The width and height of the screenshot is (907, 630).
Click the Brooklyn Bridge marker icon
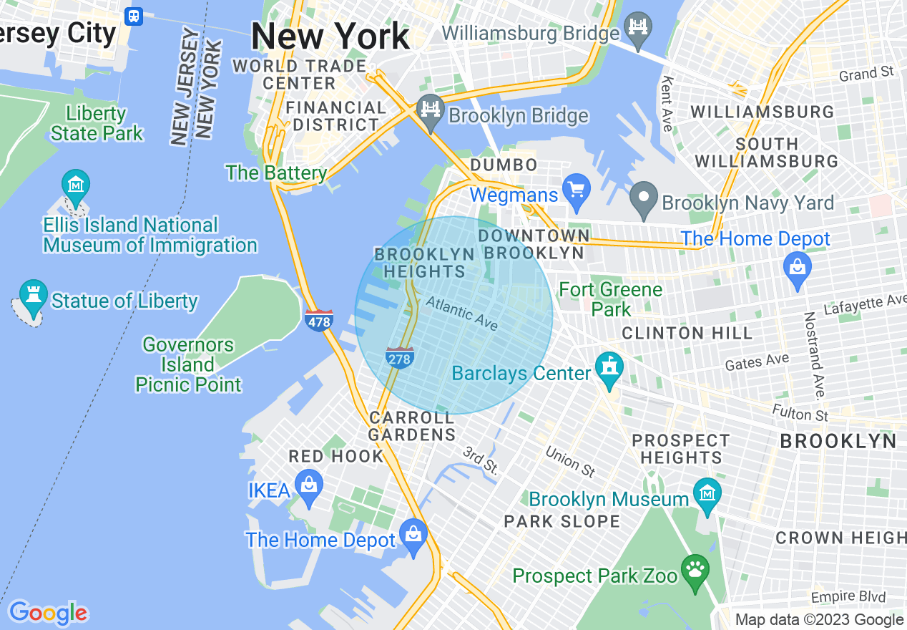[430, 111]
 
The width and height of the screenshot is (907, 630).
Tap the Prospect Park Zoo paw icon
[694, 571]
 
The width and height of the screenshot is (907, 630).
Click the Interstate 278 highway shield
[400, 358]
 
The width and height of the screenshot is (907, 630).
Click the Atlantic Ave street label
[462, 314]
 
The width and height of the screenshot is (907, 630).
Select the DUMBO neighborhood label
[504, 165]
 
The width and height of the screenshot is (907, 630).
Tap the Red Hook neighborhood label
[336, 457]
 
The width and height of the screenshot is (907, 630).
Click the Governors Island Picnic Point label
[188, 364]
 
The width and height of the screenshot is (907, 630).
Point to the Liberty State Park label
[97, 123]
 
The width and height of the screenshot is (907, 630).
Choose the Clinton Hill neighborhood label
[687, 333]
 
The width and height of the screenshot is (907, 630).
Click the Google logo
[48, 613]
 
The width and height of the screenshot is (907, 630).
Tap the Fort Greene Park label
[611, 299]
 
